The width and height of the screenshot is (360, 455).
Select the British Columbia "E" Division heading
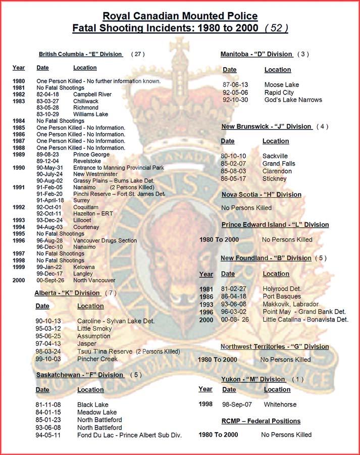tap(81, 54)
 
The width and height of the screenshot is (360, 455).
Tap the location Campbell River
tap(92, 94)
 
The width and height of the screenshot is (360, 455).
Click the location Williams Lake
tap(91, 115)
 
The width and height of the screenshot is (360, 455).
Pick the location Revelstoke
tap(86, 161)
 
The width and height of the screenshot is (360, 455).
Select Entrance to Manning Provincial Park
tap(119, 168)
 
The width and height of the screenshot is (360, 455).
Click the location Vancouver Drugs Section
tap(105, 240)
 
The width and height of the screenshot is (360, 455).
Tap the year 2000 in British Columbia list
tap(19, 280)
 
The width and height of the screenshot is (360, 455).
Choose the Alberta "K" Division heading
tap(67, 293)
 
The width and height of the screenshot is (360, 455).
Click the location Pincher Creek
tap(97, 359)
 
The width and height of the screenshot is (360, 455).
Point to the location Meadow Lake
tap(97, 412)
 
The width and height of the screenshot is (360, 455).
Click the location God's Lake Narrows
tap(293, 99)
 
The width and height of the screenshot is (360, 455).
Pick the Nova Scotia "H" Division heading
tap(261, 194)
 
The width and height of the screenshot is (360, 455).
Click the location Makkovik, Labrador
tap(290, 304)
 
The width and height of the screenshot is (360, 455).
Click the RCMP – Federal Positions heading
tap(261, 421)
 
